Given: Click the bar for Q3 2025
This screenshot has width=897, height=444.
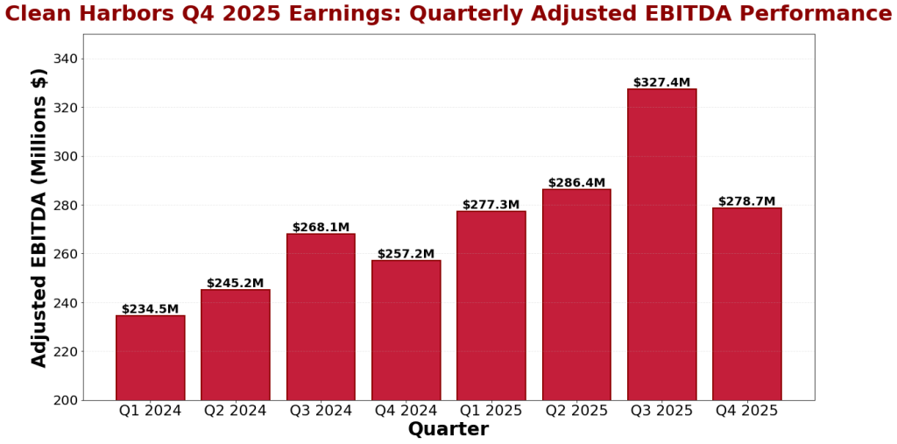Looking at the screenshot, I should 661,244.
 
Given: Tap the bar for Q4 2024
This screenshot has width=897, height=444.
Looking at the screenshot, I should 406,330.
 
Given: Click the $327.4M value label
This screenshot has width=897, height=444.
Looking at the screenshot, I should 661,82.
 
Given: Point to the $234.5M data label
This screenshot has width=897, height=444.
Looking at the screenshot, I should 150,309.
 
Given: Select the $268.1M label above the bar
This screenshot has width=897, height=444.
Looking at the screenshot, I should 321,227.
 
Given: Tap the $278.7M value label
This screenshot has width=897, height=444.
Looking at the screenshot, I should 746,201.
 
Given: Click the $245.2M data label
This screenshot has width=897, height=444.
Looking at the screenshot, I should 235,283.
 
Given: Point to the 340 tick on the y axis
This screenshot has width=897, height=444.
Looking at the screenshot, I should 67,59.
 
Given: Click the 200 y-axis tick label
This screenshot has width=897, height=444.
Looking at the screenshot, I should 67,400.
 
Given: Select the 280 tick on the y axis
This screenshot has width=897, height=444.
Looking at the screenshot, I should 67,205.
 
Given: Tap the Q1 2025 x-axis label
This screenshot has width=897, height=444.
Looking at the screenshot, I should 491,411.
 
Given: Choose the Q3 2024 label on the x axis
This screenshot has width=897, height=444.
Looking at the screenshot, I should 321,411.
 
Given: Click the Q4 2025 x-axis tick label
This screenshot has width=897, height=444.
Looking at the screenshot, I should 746,411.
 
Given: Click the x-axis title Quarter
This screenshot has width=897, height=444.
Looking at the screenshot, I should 448,430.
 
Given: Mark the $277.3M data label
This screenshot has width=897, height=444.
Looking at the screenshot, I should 491,205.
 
